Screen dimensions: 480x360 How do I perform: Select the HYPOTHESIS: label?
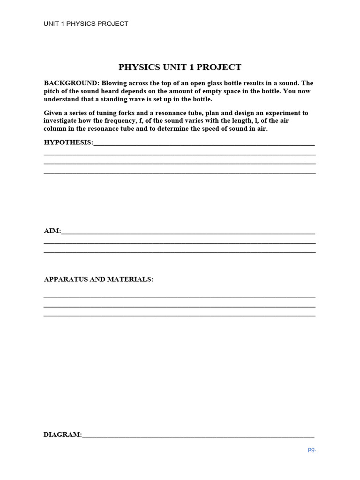click(68, 142)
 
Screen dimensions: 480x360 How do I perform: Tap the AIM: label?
click(52, 231)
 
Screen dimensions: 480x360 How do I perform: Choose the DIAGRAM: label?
click(63, 435)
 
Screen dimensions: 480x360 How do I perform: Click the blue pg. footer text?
click(312, 450)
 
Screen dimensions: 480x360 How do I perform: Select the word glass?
click(200, 83)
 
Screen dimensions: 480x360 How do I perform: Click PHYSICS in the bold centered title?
click(139, 67)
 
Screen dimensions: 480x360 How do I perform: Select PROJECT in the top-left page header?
click(111, 23)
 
